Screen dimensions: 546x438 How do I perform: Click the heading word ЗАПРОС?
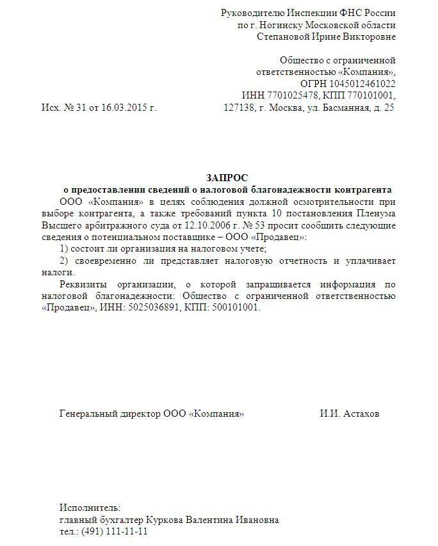(227, 177)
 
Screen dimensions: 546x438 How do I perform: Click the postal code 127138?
(239, 108)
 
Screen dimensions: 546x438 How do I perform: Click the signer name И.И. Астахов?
(350, 414)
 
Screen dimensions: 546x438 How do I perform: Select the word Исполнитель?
(90, 508)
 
